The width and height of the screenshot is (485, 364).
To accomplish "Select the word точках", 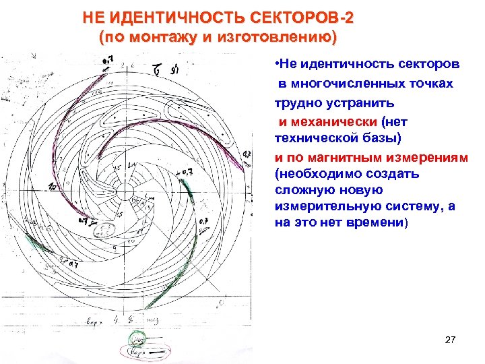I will click(428, 84).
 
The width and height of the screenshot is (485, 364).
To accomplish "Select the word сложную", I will click(302, 189).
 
